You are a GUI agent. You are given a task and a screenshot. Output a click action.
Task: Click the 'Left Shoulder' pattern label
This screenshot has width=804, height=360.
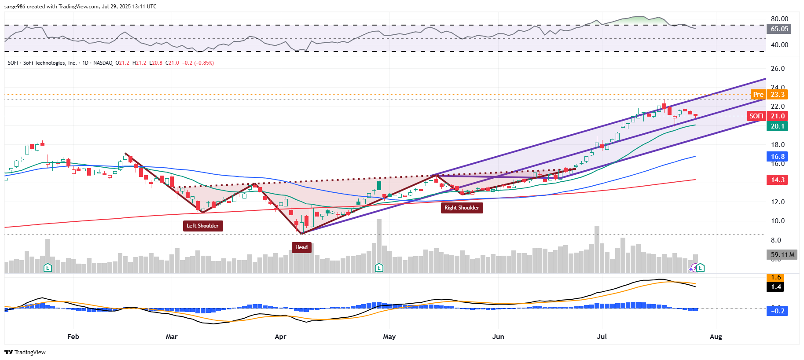[202, 226]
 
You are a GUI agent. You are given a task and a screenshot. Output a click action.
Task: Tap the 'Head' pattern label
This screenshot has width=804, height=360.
[301, 247]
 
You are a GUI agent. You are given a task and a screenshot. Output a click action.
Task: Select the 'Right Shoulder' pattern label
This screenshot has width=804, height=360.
[462, 208]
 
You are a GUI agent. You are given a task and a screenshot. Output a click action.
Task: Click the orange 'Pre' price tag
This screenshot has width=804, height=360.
[758, 95]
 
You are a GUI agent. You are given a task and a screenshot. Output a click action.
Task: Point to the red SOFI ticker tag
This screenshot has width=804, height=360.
[756, 116]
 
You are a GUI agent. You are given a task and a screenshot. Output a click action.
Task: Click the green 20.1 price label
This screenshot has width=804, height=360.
[777, 126]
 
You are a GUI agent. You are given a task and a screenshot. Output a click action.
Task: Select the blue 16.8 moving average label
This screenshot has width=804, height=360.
[777, 157]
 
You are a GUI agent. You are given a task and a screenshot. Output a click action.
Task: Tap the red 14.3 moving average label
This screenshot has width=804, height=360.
[777, 180]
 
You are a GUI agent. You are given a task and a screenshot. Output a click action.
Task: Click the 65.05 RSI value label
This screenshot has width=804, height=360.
[779, 29]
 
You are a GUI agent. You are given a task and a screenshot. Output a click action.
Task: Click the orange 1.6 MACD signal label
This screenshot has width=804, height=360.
[776, 277]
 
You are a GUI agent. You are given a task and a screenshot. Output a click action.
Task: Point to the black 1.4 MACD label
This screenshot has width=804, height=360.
[776, 287]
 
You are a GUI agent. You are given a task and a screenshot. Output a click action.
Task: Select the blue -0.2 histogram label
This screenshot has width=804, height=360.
[777, 311]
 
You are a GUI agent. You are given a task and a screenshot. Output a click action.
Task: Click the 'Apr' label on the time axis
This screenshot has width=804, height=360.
[280, 337]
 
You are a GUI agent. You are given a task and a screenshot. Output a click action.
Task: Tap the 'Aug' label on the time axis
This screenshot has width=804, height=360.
[716, 337]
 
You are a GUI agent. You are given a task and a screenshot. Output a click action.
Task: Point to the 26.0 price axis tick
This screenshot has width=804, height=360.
[778, 69]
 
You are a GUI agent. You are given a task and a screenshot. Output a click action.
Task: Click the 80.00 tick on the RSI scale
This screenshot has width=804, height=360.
[779, 19]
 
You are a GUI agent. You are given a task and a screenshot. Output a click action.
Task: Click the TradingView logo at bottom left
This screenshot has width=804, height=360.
[25, 352]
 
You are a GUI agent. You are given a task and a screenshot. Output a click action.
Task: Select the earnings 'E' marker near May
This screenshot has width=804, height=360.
[378, 268]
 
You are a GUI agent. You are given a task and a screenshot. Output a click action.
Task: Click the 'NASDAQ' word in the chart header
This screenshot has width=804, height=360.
[103, 63]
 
